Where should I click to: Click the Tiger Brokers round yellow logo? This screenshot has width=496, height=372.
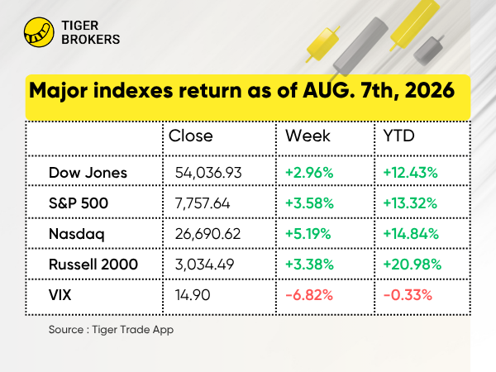[x=39, y=32]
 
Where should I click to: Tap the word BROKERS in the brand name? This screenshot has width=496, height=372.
[x=90, y=40]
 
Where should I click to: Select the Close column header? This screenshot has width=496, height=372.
[x=190, y=136]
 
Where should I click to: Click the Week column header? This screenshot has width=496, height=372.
[x=308, y=136]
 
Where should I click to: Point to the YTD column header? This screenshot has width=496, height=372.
[x=399, y=136]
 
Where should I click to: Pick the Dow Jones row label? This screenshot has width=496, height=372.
[x=88, y=173]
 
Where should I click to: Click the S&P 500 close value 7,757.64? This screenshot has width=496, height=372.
[x=203, y=203]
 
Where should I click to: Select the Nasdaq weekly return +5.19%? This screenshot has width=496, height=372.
[x=308, y=234]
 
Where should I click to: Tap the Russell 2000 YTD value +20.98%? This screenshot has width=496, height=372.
[x=413, y=265]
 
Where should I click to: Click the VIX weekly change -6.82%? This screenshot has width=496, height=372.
[x=309, y=295]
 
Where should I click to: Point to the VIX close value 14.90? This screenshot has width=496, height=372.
[x=193, y=295]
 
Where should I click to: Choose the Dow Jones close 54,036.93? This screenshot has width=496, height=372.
[x=208, y=173]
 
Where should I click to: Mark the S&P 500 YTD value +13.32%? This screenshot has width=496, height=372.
[x=410, y=203]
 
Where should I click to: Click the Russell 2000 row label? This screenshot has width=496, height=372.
[x=93, y=265]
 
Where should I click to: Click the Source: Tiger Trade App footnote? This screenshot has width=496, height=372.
[x=111, y=330]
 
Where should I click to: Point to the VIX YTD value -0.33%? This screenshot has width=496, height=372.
[x=408, y=295]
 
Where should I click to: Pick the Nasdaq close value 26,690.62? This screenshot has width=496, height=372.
[x=207, y=234]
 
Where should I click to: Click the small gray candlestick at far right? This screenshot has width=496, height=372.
[x=428, y=50]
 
